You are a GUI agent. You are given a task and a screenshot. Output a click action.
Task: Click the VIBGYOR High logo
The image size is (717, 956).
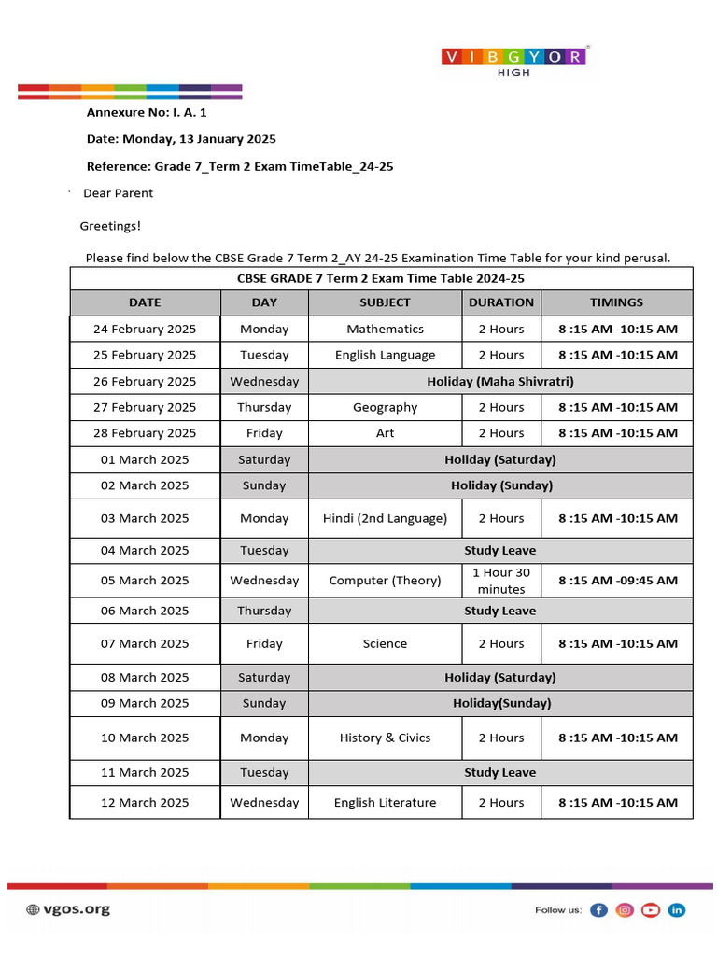(x=513, y=60)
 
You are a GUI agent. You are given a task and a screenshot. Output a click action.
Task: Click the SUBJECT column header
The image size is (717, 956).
(x=385, y=302)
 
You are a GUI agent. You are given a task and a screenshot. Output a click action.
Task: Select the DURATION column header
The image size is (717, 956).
(x=501, y=302)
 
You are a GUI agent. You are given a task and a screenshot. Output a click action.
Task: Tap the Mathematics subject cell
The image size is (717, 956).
(x=385, y=329)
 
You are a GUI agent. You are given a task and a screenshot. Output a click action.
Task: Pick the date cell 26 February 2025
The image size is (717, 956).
(x=145, y=381)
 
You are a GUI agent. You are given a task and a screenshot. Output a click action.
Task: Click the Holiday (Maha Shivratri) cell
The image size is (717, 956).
(x=499, y=381)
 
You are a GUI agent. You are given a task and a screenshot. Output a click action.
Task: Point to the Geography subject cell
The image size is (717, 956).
(x=385, y=407)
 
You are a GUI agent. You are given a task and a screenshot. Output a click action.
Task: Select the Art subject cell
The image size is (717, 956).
(x=385, y=433)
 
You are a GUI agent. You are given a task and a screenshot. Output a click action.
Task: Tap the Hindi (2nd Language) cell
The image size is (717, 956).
(x=385, y=518)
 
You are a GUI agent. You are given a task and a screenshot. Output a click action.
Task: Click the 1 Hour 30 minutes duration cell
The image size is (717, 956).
(x=501, y=581)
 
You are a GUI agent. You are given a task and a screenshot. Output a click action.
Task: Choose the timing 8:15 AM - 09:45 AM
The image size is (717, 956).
(x=617, y=581)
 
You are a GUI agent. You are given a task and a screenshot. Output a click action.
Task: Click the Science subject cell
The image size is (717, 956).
(x=385, y=643)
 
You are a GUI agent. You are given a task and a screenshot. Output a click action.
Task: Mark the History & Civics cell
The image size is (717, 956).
(x=385, y=738)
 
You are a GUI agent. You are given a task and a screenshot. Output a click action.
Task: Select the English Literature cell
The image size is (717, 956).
(x=385, y=802)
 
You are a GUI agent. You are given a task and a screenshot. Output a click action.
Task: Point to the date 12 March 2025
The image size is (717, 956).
(x=145, y=802)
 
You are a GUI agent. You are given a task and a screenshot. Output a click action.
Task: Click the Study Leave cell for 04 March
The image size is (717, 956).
(x=499, y=550)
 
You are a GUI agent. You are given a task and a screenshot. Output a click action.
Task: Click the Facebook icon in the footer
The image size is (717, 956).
(x=598, y=909)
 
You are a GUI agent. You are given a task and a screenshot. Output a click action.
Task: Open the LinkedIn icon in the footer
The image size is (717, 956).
(x=677, y=909)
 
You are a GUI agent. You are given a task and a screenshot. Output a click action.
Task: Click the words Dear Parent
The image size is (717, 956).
(x=119, y=193)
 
